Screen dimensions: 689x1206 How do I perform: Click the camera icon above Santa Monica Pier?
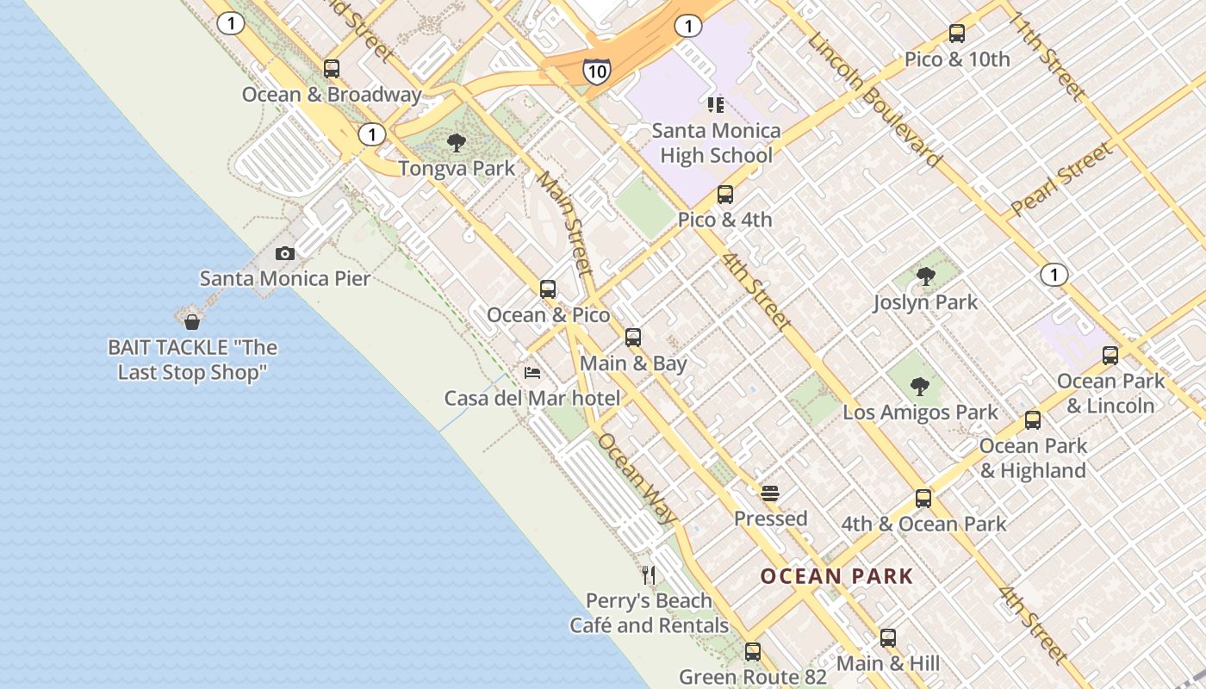(285, 253)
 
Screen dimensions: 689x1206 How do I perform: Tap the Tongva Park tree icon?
(457, 143)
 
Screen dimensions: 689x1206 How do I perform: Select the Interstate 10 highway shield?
(596, 71)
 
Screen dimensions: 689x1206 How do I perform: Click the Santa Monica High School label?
(716, 144)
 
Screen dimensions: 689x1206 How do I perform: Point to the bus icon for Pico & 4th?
(725, 195)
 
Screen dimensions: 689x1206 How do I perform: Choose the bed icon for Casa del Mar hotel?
(532, 373)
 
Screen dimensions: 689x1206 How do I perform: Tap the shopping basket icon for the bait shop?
(192, 322)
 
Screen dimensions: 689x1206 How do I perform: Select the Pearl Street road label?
(1061, 179)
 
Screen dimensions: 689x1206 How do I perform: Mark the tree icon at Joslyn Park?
(926, 276)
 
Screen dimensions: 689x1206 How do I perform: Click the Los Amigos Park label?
(920, 413)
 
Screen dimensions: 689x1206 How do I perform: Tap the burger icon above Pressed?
(770, 493)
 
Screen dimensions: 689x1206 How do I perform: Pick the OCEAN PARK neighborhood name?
(836, 576)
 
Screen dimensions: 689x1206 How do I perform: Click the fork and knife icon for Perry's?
(650, 574)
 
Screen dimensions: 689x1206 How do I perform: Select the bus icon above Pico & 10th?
(957, 34)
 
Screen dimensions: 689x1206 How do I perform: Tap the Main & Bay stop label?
(633, 363)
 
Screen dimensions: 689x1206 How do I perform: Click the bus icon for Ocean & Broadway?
(332, 69)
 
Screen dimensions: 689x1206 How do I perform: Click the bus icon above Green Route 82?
(753, 652)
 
